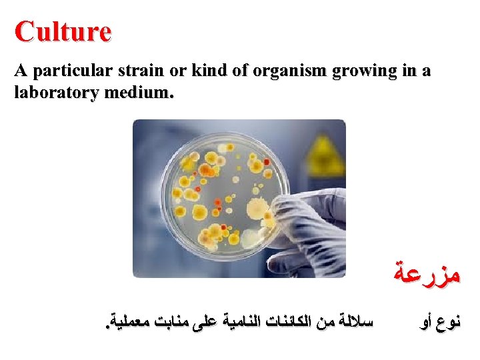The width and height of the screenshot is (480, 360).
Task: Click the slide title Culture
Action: point(63,31)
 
